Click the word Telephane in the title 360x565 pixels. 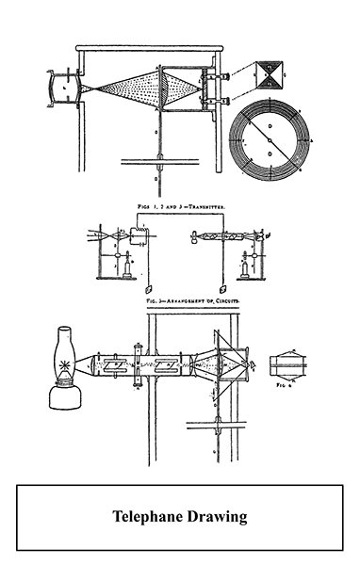pos(149,516)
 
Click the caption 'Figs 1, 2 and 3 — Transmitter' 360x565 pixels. pos(180,203)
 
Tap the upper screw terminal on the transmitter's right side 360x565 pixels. pos(224,74)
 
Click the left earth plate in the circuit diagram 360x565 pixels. pos(153,286)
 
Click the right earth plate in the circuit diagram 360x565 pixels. pos(221,286)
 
